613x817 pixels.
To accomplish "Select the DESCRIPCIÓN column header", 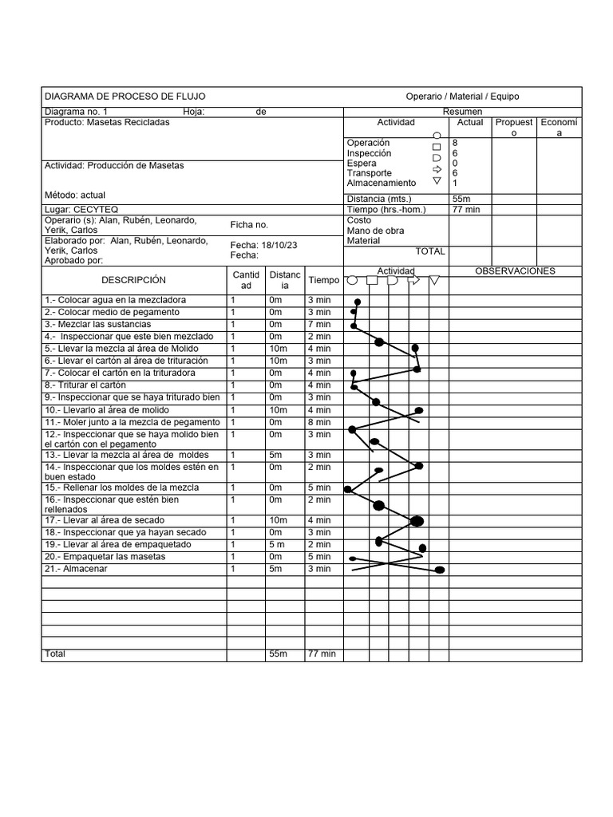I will click(x=133, y=280).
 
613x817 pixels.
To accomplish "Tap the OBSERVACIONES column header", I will click(x=514, y=271).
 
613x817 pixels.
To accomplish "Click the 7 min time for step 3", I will click(x=319, y=325).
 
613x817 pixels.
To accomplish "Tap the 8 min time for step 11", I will click(x=319, y=422).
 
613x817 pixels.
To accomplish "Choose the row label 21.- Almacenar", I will click(x=76, y=569).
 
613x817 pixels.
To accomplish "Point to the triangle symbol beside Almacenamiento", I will click(x=436, y=182).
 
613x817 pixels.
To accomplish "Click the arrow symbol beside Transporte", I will click(x=436, y=170).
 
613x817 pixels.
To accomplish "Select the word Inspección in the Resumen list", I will click(x=369, y=153).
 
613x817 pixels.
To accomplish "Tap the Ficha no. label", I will click(x=249, y=225).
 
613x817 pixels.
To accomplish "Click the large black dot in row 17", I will click(x=416, y=521).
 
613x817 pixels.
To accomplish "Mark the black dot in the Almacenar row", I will click(x=439, y=570).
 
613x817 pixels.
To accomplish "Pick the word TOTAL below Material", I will click(x=430, y=251).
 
